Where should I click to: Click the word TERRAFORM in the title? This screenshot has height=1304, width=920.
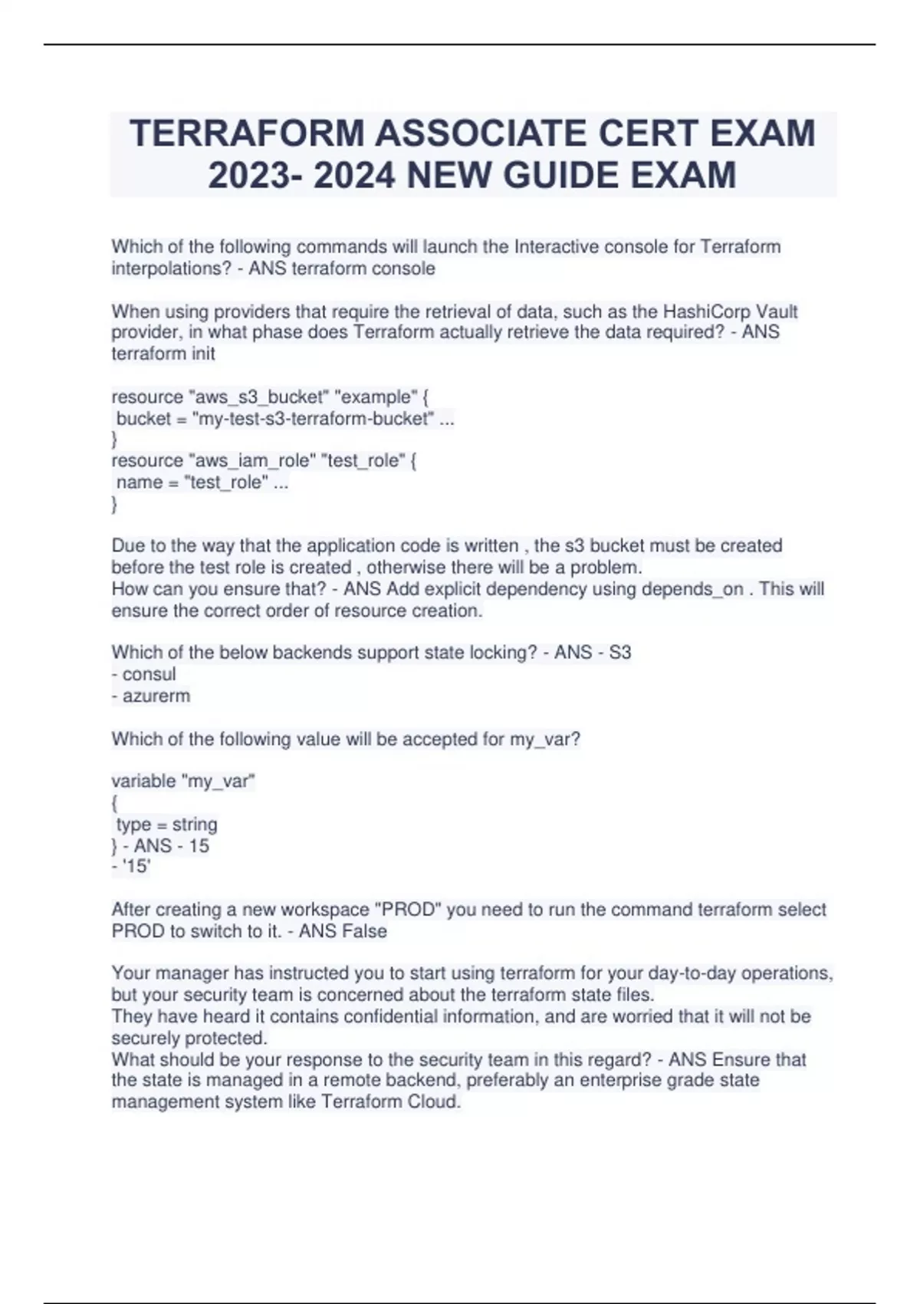click(x=246, y=133)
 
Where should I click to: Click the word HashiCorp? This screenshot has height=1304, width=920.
click(x=707, y=311)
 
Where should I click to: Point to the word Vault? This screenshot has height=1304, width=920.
click(x=777, y=311)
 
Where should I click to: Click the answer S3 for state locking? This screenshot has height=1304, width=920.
click(x=619, y=653)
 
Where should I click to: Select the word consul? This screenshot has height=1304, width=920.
click(x=149, y=674)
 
